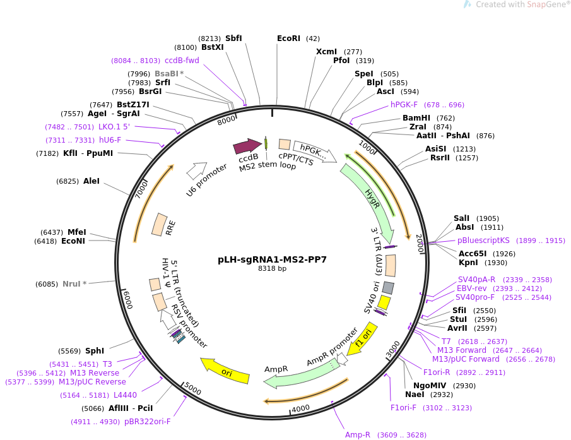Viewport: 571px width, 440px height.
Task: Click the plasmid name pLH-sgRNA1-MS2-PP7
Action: (272, 259)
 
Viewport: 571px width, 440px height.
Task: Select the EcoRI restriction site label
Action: (288, 39)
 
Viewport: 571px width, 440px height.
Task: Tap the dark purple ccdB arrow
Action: (247, 146)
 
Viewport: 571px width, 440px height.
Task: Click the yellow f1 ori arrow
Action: (362, 338)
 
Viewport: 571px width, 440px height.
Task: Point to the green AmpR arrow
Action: (302, 373)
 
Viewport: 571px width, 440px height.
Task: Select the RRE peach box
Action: (159, 224)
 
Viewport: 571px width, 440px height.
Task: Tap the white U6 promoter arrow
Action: (196, 170)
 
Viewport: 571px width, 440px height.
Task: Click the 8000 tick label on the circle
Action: (227, 120)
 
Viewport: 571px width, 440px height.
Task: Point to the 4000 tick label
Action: (301, 408)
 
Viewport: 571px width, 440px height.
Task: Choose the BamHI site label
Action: (416, 117)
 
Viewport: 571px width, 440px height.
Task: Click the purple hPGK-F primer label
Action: (404, 105)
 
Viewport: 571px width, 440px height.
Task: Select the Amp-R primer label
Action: (358, 434)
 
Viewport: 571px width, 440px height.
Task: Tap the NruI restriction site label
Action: (71, 283)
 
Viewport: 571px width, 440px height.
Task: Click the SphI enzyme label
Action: (95, 351)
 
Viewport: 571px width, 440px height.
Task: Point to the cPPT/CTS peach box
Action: (285, 144)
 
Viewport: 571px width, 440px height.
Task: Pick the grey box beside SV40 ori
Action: (388, 288)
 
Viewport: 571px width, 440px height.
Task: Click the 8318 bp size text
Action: (272, 268)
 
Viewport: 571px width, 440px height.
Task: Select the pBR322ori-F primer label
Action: (147, 422)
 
